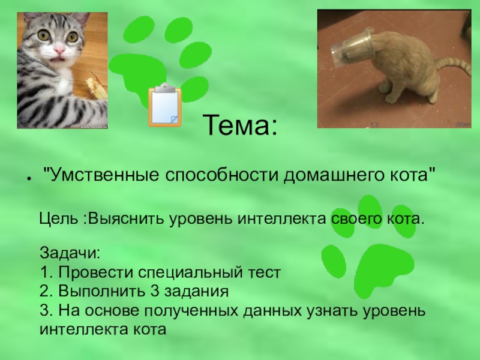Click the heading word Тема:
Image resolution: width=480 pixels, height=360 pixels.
(x=240, y=126)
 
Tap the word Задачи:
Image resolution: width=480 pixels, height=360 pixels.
(x=68, y=251)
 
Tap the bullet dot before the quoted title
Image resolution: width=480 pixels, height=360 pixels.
(x=28, y=179)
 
